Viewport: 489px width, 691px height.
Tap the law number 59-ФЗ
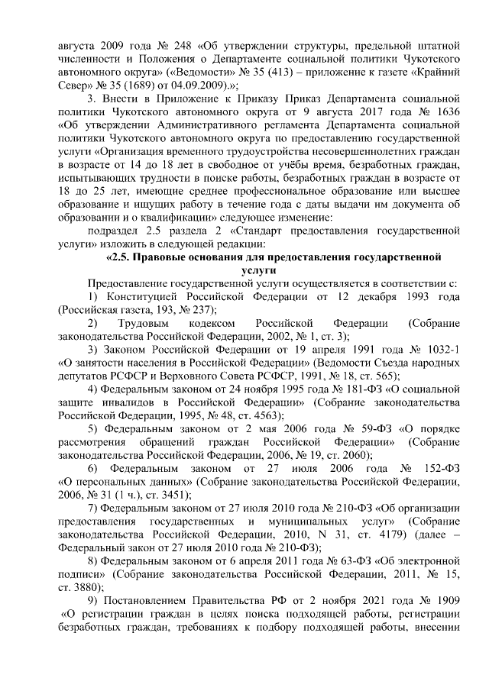(x=347, y=428)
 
